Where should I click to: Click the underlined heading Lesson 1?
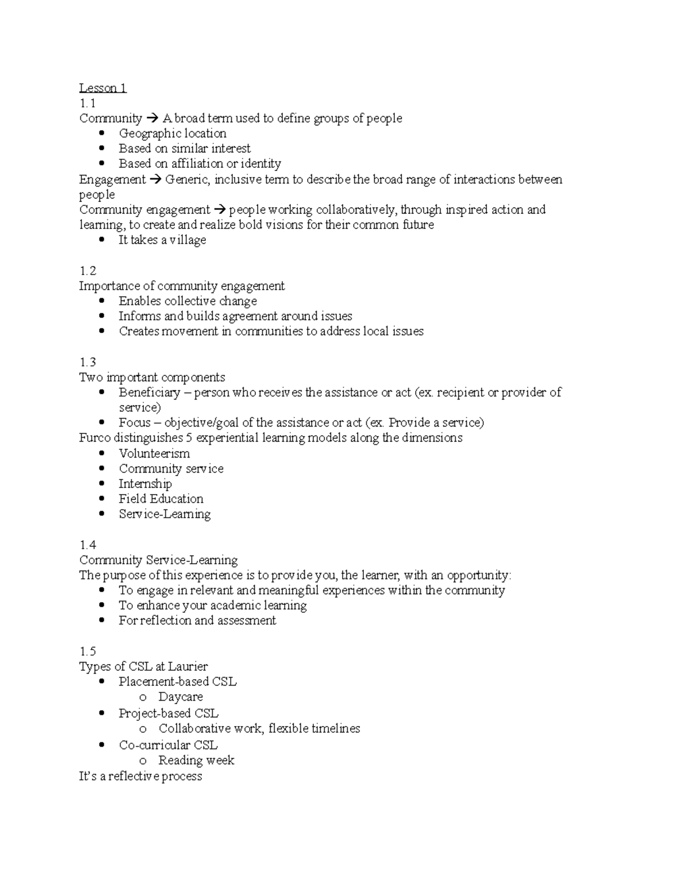pos(103,88)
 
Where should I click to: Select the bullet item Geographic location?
pos(172,133)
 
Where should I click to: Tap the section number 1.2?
pos(88,271)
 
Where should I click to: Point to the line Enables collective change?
pos(187,301)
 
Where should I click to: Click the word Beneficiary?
pos(149,392)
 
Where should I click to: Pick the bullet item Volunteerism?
pos(154,454)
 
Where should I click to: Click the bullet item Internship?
pos(145,484)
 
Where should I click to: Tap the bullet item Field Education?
pos(161,499)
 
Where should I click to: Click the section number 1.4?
pos(88,545)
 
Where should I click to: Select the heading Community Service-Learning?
pos(158,560)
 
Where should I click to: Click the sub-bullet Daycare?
pos(180,697)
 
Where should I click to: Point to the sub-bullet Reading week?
pos(196,760)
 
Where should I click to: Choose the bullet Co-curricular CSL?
pos(168,745)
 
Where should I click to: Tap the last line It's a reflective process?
pos(141,776)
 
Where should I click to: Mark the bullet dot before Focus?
pos(101,422)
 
